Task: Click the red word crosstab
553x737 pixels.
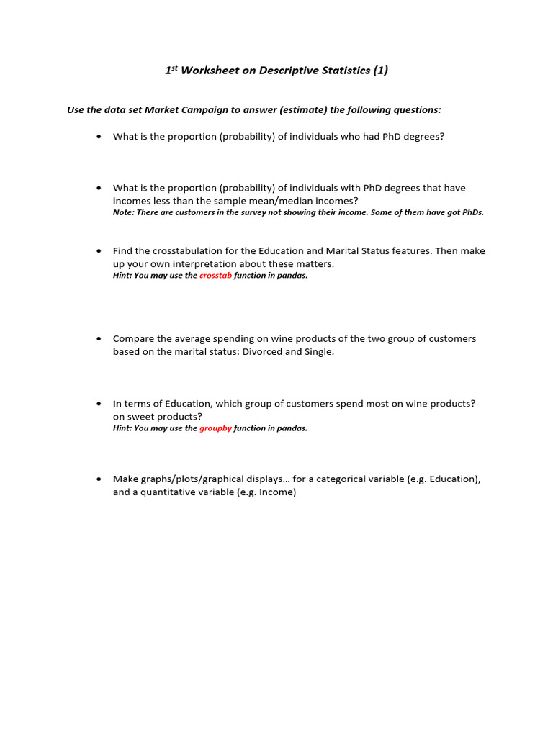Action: tap(215, 276)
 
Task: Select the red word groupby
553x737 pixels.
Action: tap(215, 428)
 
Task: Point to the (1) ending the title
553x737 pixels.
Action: tap(380, 70)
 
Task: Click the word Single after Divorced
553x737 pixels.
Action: tap(318, 352)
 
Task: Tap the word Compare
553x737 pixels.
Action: tap(133, 339)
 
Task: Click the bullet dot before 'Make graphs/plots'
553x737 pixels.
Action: tap(99, 479)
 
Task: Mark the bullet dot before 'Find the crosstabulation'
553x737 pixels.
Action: tap(99, 251)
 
